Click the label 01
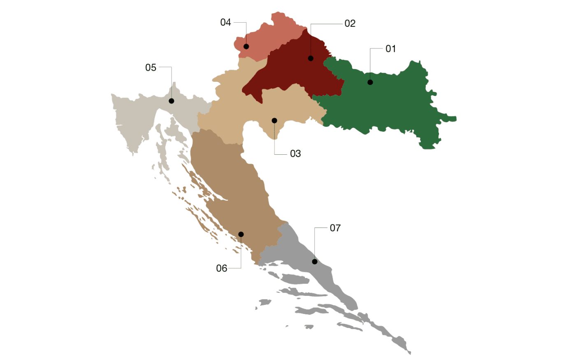[x=390, y=49]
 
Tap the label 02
[x=350, y=23]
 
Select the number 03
[x=295, y=154]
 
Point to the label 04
[x=225, y=23]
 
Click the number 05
[x=151, y=67]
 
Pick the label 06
[x=221, y=268]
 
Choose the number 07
[x=335, y=228]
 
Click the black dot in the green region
[x=370, y=82]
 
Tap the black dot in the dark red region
[x=311, y=58]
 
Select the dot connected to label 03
[x=274, y=121]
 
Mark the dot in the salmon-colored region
[x=246, y=46]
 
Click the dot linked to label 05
[x=172, y=101]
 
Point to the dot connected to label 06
[x=241, y=235]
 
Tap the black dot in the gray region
[x=315, y=262]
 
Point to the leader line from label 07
[x=315, y=243]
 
